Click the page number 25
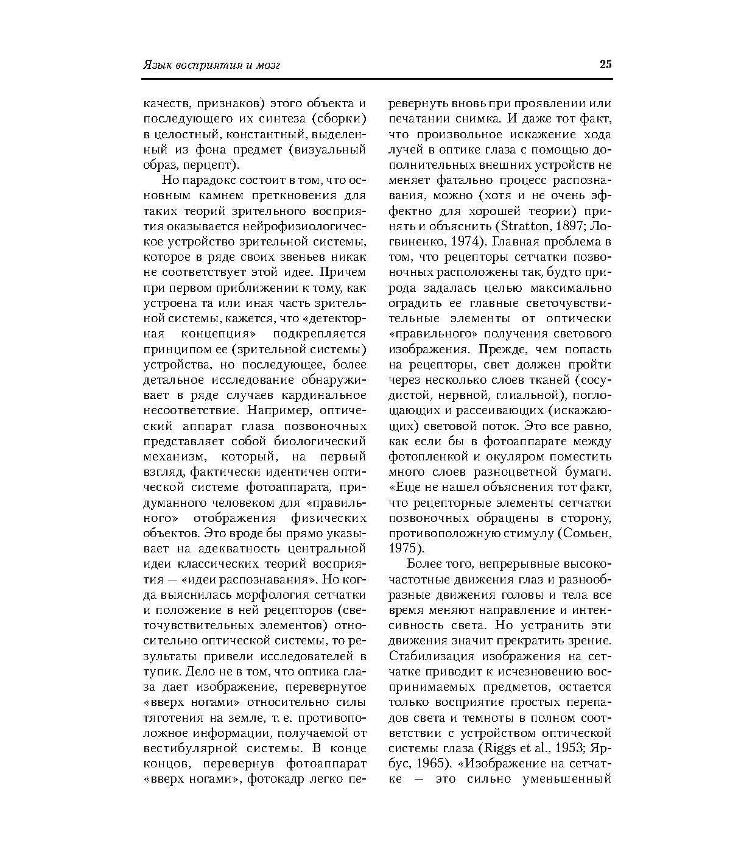(x=605, y=65)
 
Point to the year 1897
(x=567, y=227)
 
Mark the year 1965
(x=435, y=763)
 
